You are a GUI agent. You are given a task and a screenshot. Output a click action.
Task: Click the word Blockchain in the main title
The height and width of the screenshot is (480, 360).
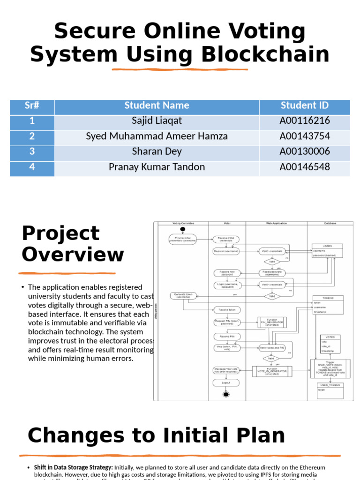click(x=265, y=55)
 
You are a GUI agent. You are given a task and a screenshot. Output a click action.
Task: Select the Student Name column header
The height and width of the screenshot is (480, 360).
click(x=157, y=105)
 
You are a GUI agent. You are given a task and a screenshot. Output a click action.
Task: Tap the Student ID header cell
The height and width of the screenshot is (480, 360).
click(x=305, y=105)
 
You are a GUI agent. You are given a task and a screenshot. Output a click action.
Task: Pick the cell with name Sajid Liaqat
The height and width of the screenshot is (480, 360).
click(x=157, y=121)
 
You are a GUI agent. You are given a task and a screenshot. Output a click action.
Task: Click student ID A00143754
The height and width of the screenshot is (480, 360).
click(x=305, y=136)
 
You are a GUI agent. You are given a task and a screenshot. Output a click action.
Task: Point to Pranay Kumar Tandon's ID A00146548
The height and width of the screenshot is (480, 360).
click(x=305, y=167)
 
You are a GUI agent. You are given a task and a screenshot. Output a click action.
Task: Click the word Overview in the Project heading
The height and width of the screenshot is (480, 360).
click(x=73, y=255)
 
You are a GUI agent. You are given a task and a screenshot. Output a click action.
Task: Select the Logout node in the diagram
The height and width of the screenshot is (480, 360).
click(x=226, y=383)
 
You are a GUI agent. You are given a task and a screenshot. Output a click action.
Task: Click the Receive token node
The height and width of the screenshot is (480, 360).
click(x=227, y=309)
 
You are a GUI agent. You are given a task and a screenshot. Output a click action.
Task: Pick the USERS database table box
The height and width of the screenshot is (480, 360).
click(x=328, y=251)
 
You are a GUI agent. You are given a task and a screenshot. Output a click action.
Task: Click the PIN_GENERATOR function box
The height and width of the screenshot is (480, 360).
click(x=272, y=322)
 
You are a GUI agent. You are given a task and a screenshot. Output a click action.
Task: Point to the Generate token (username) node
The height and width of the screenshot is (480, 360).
click(x=183, y=296)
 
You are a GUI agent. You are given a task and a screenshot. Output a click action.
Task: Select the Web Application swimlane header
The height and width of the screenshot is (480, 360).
click(x=276, y=224)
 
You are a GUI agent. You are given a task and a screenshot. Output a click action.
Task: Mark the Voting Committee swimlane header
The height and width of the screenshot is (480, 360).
click(x=183, y=224)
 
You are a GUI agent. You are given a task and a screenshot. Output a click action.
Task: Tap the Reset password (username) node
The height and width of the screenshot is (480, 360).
click(x=272, y=273)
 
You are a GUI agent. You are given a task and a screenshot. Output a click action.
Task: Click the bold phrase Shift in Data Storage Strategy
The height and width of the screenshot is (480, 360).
click(x=73, y=467)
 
